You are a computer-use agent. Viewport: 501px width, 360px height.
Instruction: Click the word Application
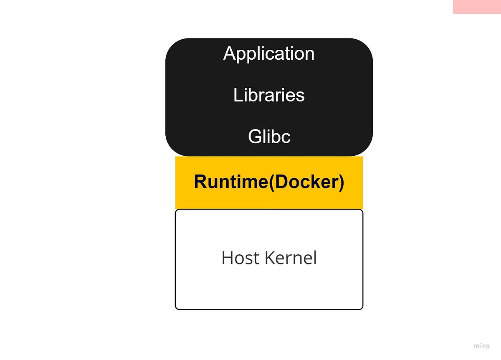(269, 53)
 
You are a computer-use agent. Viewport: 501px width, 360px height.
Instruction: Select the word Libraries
(269, 95)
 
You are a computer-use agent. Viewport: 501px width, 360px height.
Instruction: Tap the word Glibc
(269, 137)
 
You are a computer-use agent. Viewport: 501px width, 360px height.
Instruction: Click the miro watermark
(481, 346)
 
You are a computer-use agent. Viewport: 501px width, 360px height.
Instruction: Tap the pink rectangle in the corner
(477, 7)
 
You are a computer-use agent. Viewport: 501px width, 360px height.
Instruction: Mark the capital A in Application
(230, 53)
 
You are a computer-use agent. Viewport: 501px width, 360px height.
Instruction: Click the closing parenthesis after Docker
(341, 183)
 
